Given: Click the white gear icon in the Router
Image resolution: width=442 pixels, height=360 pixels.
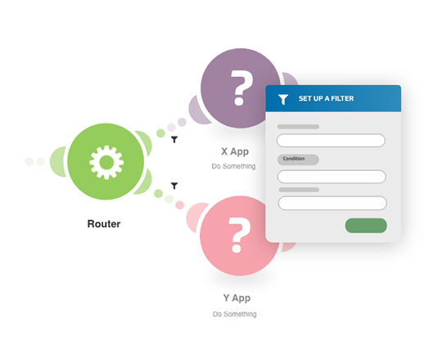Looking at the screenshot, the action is [106, 162].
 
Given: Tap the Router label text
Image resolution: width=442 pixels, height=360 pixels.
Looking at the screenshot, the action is [104, 224].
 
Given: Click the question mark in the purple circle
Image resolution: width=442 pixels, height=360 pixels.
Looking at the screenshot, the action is [241, 88].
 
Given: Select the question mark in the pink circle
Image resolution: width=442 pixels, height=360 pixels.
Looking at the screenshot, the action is [239, 235].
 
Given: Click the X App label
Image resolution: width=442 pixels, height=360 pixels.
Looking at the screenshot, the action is [235, 152].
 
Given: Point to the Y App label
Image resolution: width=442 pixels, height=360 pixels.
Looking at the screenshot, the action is [237, 298].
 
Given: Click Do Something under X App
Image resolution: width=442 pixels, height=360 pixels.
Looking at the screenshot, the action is [233, 166].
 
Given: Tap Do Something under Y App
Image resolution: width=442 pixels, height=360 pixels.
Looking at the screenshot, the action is [235, 314].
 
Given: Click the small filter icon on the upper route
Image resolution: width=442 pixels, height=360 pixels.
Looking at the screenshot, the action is [174, 139].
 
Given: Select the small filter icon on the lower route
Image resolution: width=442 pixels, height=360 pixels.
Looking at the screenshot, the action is [174, 186].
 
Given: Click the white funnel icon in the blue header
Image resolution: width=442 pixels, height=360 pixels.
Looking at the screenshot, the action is [283, 100].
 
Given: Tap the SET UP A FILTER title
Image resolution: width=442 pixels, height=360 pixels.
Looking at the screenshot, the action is [326, 99].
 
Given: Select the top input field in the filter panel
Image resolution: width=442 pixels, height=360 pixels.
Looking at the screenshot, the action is [331, 140].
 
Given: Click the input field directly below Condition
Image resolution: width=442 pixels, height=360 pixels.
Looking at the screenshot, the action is [331, 177].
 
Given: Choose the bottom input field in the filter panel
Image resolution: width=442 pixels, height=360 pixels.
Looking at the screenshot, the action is [332, 203].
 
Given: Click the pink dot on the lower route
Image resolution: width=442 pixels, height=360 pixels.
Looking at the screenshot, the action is [179, 205].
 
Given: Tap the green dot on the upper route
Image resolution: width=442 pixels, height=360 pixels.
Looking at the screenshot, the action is [160, 133].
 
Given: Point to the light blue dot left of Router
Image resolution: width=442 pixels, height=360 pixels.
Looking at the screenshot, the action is [29, 162].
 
